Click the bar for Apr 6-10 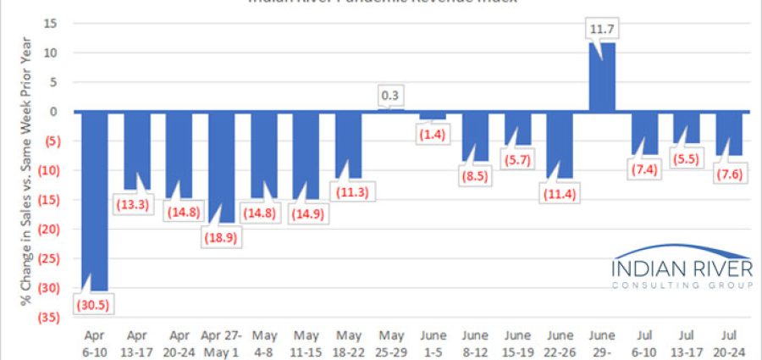point(94,199)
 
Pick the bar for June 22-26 point(560,144)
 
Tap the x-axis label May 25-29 point(390,343)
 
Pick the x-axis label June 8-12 point(475,343)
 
